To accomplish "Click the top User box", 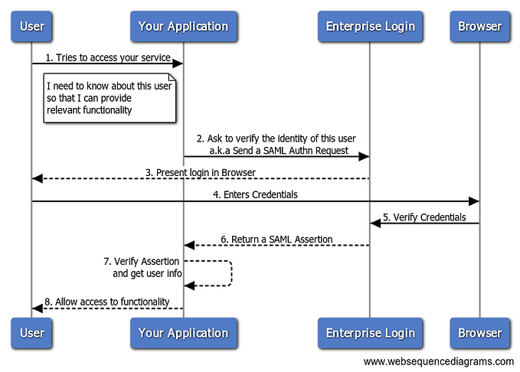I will (x=31, y=26).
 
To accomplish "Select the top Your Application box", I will (x=183, y=26).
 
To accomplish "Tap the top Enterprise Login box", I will (x=370, y=26).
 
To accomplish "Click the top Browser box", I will (x=479, y=26).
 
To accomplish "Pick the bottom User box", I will (x=31, y=333).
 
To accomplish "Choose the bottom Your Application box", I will (x=183, y=333).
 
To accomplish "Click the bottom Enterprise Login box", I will (x=370, y=333).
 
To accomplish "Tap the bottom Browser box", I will (x=479, y=333).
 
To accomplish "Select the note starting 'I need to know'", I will (x=109, y=98).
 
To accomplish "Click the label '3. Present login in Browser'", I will (x=201, y=172).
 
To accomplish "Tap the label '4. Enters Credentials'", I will (x=256, y=194).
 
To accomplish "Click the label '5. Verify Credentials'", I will (x=424, y=217).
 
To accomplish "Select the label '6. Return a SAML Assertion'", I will (x=276, y=239).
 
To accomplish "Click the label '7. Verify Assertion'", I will (x=142, y=261).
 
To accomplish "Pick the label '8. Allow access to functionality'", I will (x=106, y=302).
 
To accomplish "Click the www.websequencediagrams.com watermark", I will (x=438, y=361).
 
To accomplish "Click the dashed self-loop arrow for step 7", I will (x=231, y=273).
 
